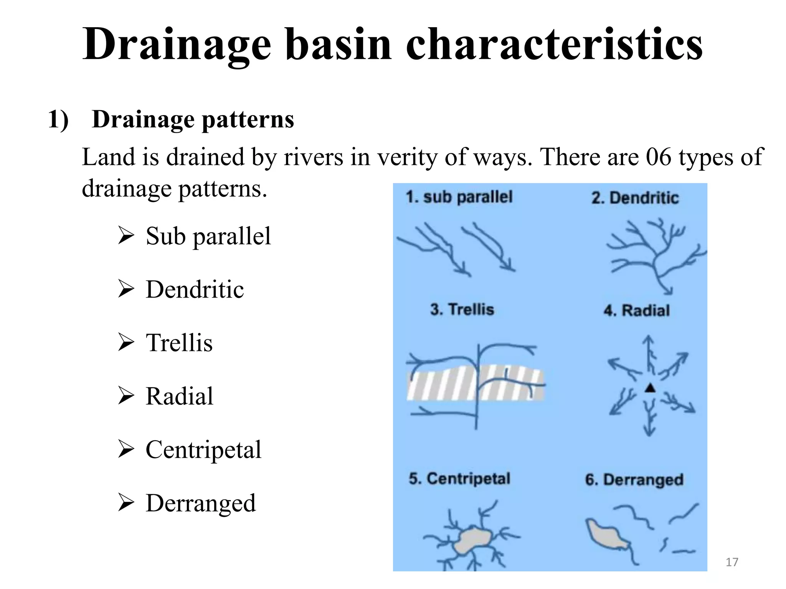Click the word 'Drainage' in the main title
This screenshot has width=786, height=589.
[x=177, y=44]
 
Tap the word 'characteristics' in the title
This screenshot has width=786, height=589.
[x=554, y=44]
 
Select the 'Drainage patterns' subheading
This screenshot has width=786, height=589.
[x=193, y=119]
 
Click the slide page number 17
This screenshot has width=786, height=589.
[x=732, y=562]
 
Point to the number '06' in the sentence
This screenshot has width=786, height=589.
[x=659, y=157]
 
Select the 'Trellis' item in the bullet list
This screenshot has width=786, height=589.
[x=179, y=342]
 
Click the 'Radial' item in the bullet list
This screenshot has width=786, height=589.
[x=179, y=396]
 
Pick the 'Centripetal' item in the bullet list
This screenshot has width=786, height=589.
[x=203, y=449]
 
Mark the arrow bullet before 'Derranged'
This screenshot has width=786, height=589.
[x=126, y=503]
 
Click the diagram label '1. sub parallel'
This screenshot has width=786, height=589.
[x=459, y=197]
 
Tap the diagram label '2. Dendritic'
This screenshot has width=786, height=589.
[x=635, y=198]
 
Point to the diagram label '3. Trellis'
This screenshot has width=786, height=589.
[x=462, y=309]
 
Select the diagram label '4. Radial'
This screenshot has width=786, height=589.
[x=637, y=310]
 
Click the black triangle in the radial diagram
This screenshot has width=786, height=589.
[x=650, y=388]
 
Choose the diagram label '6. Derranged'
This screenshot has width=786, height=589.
[x=634, y=480]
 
